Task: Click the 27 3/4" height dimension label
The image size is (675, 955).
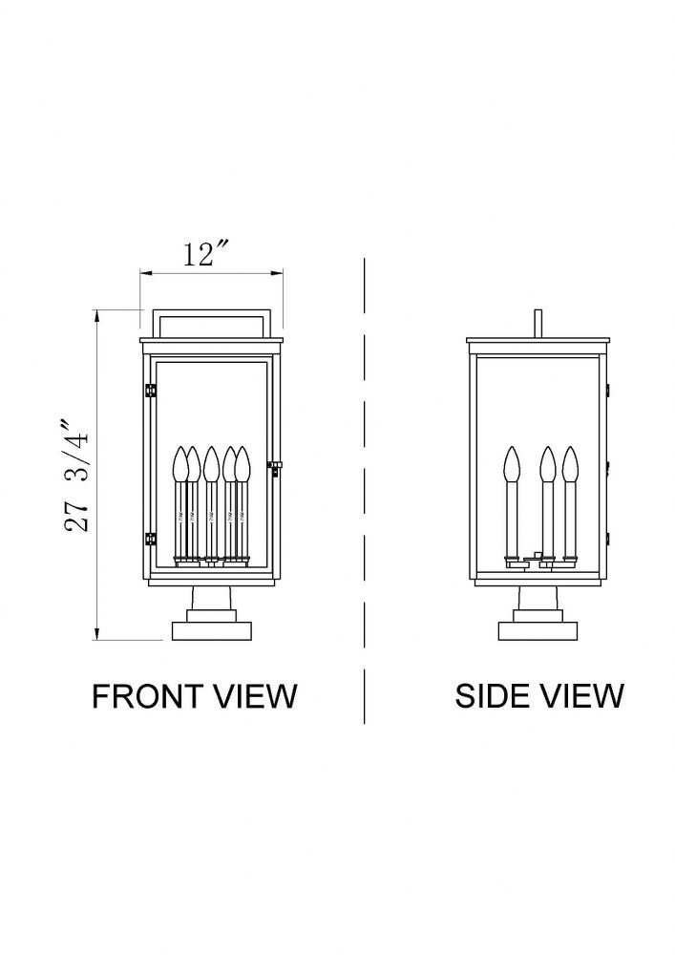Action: tap(78, 475)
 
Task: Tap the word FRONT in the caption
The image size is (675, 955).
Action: tap(146, 695)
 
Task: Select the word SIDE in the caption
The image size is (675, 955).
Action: tap(490, 695)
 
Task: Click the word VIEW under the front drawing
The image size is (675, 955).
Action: tap(252, 695)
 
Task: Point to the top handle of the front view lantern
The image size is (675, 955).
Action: tap(212, 322)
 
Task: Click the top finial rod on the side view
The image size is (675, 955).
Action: tap(538, 324)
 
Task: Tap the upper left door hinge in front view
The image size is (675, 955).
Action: tap(150, 390)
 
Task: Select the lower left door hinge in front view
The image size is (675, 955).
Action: tap(150, 539)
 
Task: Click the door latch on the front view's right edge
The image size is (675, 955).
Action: tap(274, 467)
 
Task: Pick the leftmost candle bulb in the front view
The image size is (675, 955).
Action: tap(181, 464)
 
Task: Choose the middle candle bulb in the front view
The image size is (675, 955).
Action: tap(211, 464)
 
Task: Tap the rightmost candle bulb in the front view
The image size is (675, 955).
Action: tap(243, 464)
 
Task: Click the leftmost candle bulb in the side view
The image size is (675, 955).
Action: tap(513, 464)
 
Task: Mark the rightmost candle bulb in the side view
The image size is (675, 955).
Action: tap(570, 464)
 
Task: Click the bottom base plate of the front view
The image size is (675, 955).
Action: tap(212, 631)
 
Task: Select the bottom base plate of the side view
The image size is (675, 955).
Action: tap(538, 631)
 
